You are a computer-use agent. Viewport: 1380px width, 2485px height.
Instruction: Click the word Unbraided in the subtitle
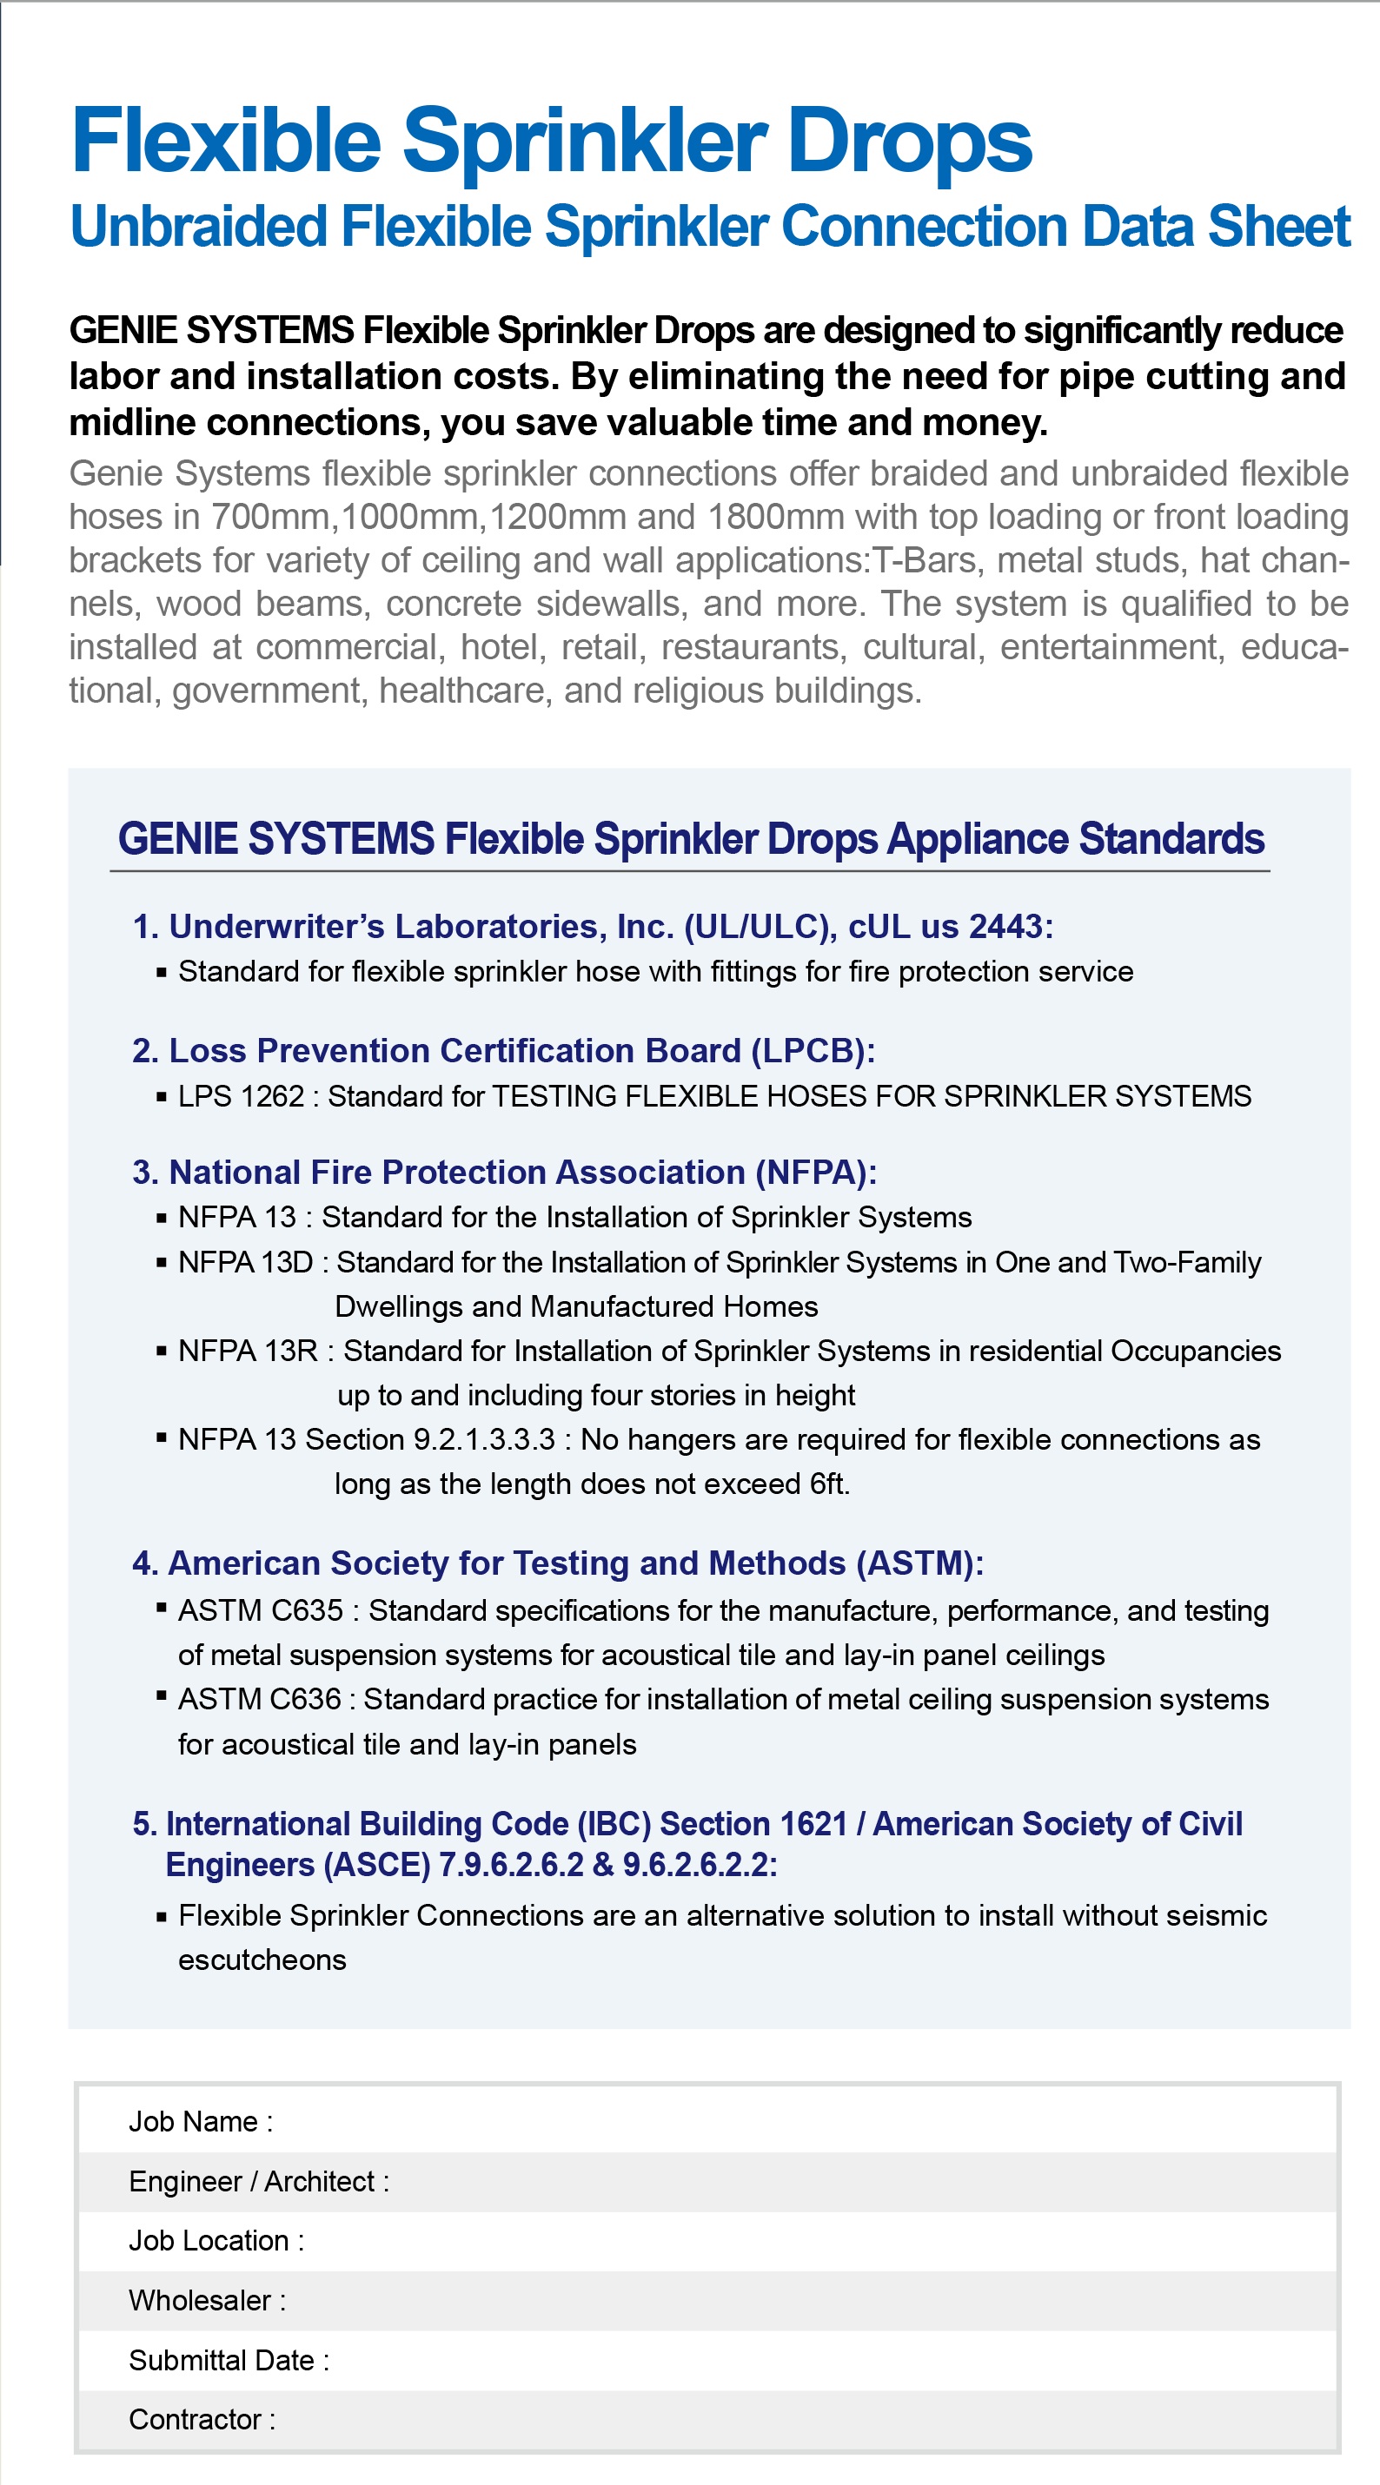pos(199,228)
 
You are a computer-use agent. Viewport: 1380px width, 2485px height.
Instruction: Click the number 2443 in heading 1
pos(1005,926)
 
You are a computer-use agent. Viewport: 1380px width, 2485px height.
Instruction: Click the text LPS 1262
pos(241,1097)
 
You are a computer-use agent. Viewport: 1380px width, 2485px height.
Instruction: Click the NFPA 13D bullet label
pos(245,1263)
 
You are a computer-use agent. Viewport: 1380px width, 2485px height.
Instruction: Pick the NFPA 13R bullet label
pos(247,1352)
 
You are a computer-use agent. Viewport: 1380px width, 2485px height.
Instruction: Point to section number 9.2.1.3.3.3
pos(483,1440)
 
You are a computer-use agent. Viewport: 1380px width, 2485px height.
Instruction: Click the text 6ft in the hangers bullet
pos(828,1484)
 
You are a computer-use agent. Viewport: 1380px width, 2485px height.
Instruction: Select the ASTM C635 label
pos(260,1611)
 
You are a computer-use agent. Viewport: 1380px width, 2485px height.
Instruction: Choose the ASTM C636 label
pos(259,1700)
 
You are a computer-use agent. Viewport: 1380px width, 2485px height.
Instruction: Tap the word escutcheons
pos(262,1960)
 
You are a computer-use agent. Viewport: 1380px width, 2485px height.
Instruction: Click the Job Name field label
pos(200,2122)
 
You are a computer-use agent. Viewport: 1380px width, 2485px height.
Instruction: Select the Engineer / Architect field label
pos(258,2182)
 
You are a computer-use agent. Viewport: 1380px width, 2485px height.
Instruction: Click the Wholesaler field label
pos(207,2301)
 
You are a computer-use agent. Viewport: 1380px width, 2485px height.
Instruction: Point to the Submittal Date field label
pos(228,2361)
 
